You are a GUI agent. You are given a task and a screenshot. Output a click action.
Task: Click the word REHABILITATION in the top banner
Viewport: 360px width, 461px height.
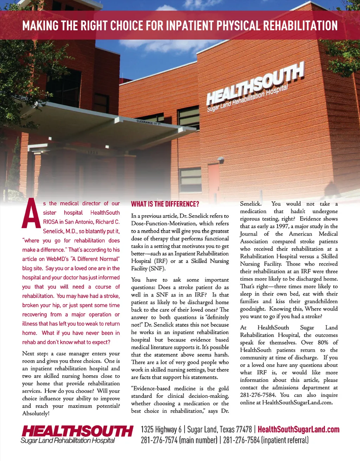point(300,26)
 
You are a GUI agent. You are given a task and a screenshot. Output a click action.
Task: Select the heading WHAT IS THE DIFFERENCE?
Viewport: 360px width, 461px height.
point(165,204)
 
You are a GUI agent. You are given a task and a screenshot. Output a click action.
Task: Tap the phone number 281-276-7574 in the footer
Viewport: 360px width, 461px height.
point(159,440)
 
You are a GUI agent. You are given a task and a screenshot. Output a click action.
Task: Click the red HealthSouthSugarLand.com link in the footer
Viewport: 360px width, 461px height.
point(298,429)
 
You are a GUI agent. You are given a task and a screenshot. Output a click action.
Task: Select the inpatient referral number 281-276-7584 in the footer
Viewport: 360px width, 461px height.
point(242,440)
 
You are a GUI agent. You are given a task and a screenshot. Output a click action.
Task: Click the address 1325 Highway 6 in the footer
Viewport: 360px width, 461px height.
point(161,429)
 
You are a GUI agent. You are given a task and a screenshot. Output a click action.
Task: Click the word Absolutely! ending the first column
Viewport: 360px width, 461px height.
point(36,414)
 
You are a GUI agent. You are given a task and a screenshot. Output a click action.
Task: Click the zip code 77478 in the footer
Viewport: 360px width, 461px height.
point(244,429)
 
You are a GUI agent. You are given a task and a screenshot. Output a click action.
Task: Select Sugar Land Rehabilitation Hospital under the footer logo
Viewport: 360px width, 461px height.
point(68,441)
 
